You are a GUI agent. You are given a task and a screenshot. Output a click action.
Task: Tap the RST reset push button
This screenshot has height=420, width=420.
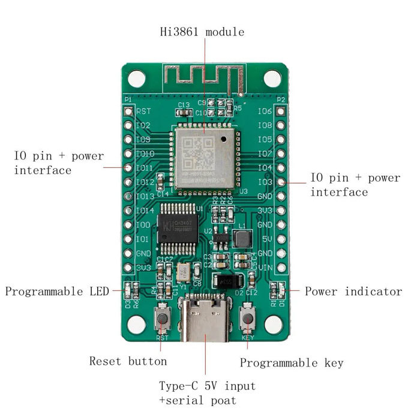(162, 319)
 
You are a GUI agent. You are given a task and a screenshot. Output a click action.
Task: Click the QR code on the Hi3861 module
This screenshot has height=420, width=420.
(194, 154)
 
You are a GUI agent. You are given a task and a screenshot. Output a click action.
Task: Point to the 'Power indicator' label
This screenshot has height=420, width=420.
(353, 292)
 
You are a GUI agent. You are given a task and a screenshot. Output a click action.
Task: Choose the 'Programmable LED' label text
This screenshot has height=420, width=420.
(57, 292)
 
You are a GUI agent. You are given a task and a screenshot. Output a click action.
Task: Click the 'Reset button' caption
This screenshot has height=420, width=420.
(128, 361)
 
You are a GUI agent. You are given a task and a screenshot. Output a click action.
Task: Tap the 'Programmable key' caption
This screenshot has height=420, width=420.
(292, 362)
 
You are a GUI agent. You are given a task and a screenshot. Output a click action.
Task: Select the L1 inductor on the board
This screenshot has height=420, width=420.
(243, 239)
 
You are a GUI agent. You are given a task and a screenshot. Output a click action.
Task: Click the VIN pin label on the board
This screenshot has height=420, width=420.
(265, 268)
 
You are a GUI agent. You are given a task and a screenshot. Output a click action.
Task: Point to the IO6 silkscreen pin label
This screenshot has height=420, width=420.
(265, 112)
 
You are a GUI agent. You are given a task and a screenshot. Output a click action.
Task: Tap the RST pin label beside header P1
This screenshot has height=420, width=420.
(143, 112)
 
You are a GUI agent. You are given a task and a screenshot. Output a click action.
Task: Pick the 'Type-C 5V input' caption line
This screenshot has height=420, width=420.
(207, 385)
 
